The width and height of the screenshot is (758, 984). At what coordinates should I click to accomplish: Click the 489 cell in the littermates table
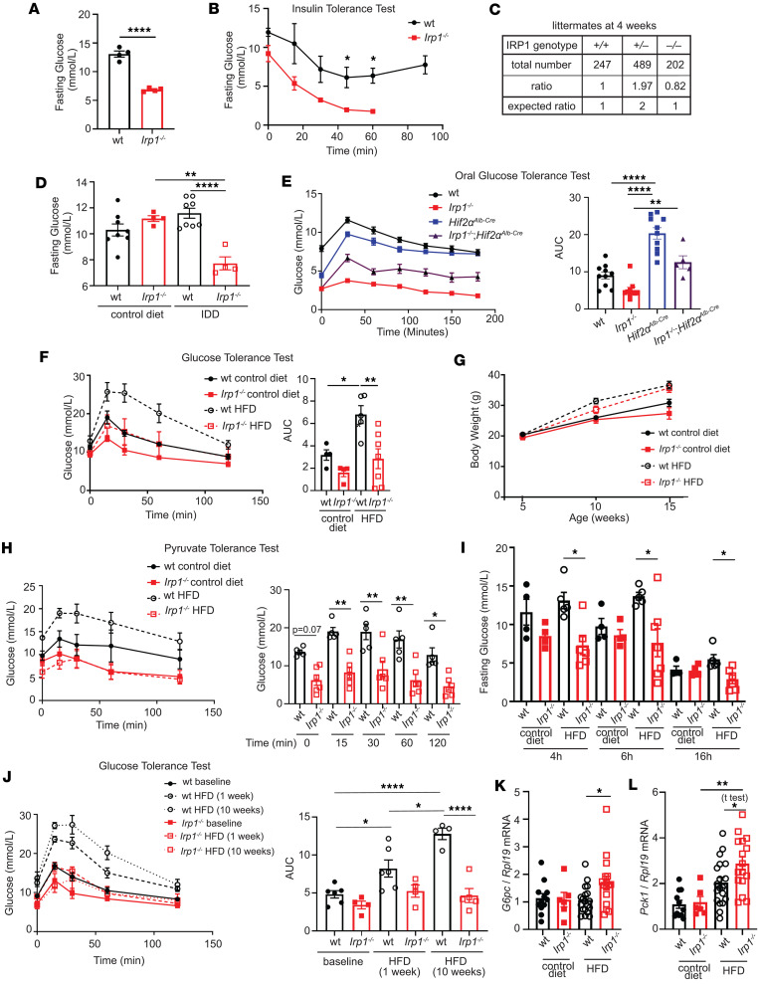641,64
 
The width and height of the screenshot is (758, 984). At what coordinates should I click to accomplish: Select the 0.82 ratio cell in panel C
674,86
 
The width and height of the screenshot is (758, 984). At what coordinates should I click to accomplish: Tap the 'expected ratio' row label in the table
541,105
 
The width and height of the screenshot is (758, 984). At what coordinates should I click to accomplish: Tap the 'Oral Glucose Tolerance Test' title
522,176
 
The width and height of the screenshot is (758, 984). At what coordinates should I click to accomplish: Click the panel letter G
461,359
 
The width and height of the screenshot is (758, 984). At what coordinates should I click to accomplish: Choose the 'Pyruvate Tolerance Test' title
222,548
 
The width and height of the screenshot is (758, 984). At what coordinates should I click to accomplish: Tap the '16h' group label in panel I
702,756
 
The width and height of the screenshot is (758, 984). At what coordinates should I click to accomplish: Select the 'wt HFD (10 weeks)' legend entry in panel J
223,810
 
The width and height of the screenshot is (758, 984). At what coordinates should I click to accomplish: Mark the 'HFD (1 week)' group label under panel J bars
399,966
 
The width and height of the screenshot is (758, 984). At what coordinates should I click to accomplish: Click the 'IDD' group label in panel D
210,313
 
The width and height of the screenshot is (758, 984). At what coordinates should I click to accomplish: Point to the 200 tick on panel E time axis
493,319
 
